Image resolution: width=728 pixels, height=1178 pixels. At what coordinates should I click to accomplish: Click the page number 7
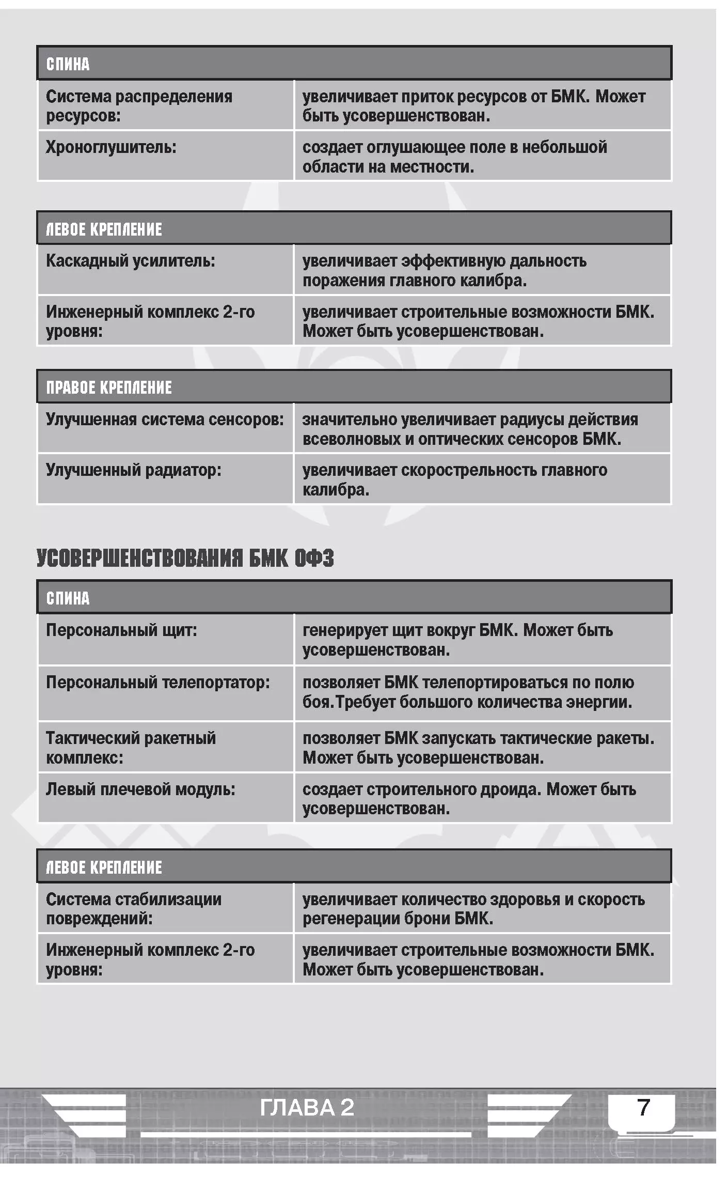point(643,1107)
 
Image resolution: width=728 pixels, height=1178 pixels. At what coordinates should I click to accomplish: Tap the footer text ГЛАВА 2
point(307,1108)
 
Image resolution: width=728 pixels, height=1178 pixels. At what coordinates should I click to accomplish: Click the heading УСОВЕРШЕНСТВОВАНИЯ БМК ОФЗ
point(185,559)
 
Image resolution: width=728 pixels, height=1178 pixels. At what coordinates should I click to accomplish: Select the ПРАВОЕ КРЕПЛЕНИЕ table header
point(109,388)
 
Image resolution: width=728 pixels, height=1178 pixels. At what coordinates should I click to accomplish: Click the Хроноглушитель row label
point(111,148)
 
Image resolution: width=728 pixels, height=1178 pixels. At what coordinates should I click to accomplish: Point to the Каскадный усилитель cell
point(131,261)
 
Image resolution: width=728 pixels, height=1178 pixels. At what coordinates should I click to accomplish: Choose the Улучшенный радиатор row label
point(134,470)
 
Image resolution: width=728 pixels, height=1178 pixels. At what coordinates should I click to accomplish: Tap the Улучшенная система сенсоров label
point(165,420)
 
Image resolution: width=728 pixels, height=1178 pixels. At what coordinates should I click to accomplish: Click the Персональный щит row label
point(122,630)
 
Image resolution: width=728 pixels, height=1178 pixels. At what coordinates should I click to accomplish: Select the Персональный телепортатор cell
point(158,683)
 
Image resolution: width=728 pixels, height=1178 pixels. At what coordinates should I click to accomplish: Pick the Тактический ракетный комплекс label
point(131,748)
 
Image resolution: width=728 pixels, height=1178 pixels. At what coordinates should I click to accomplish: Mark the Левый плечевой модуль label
point(140,789)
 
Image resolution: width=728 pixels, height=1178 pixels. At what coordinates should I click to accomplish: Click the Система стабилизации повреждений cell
point(134,909)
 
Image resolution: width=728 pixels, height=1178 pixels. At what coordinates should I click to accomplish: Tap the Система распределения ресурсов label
point(139,106)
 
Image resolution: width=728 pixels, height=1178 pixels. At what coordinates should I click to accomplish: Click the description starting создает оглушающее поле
point(454,157)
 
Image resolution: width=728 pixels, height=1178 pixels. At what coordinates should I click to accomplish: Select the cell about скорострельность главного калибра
point(454,480)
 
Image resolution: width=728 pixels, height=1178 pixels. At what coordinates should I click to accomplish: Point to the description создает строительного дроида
point(469,799)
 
